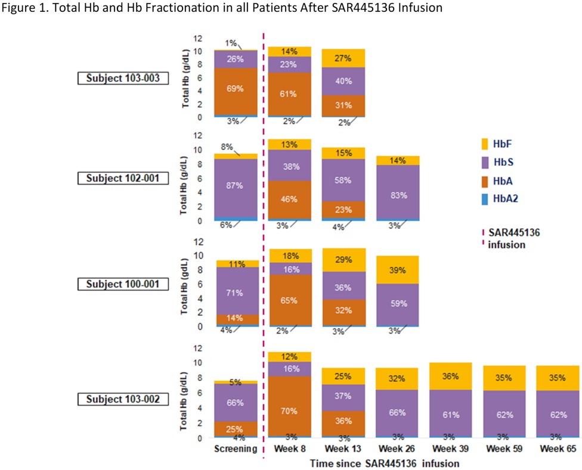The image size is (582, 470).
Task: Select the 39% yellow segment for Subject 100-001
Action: pos(398,270)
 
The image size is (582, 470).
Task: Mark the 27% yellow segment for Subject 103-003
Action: pos(343,58)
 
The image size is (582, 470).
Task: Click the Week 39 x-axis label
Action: pos(451,448)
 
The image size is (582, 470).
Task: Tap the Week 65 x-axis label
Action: pos(559,448)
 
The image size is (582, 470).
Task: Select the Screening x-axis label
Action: pos(236,448)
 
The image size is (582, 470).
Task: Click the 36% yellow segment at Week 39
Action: pos(451,376)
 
